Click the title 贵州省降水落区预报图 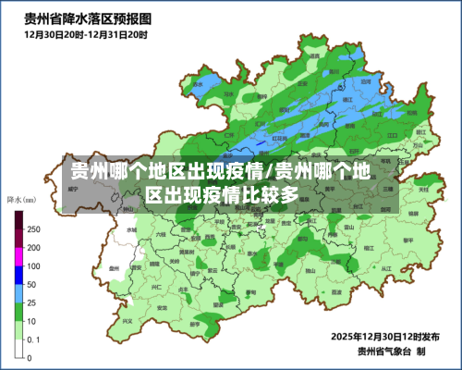tap(89, 18)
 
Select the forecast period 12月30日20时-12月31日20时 tap(85, 34)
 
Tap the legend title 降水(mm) tap(21, 199)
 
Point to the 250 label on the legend tap(33, 228)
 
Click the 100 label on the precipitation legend tap(33, 265)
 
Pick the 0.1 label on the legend tap(32, 339)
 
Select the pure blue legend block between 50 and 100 tap(18, 275)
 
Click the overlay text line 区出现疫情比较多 tap(222, 195)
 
